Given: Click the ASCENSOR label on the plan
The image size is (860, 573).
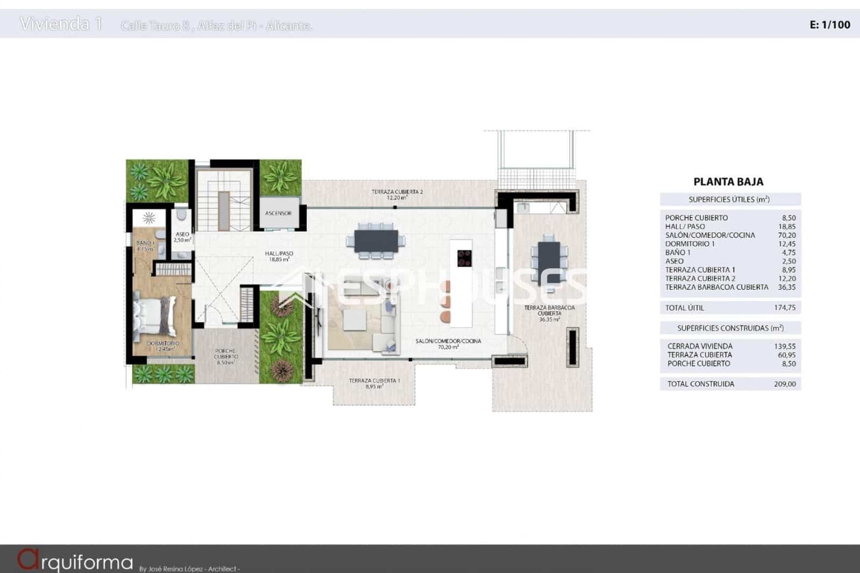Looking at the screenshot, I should (278, 213).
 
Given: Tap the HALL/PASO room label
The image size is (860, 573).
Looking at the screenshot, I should (279, 256).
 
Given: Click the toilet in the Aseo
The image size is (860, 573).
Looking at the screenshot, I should (182, 216).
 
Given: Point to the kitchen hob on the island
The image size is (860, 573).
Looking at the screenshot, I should (464, 258).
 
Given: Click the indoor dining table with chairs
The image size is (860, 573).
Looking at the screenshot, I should (376, 240).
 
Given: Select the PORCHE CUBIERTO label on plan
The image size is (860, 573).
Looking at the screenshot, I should (226, 356).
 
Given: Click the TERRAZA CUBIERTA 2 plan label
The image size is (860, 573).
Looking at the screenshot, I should (397, 194).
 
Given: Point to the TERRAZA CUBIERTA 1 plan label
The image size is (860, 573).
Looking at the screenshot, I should (374, 383).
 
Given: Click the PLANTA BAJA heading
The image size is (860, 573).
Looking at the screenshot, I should (728, 182).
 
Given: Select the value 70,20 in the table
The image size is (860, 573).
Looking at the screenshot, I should (786, 235).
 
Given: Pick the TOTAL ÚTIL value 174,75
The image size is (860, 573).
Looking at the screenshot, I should (786, 307).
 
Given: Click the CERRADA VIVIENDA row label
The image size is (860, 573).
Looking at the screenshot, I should (700, 346).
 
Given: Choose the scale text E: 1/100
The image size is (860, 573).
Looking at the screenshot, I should (829, 24).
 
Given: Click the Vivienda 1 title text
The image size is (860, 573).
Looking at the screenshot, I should (61, 24).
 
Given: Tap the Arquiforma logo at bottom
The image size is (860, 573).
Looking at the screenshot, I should (75, 561).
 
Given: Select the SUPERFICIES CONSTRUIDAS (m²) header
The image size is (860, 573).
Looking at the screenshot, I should (730, 328).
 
